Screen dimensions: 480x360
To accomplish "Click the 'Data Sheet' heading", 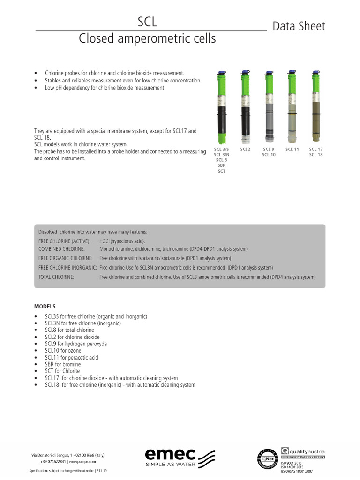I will (299, 26).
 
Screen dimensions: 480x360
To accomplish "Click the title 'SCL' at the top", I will (147, 22).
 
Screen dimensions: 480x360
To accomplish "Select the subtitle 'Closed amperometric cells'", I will (147, 38).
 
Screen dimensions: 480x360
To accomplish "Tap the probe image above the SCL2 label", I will (245, 107).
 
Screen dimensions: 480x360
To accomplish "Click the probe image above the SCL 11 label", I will (292, 107).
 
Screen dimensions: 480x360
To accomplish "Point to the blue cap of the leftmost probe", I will (221, 73).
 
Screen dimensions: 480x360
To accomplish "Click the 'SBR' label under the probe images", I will (221, 165).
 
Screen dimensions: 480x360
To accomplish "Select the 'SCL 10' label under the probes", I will (269, 155).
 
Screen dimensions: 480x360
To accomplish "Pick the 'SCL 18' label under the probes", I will (316, 155).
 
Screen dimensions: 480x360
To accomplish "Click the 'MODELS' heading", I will (45, 306).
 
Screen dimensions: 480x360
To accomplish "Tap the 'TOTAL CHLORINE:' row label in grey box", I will (56, 277).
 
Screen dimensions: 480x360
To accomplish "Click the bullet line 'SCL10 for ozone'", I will (63, 351).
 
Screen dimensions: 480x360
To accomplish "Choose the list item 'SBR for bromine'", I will (63, 364).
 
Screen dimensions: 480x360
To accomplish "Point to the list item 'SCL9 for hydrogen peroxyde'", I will (75, 344).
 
